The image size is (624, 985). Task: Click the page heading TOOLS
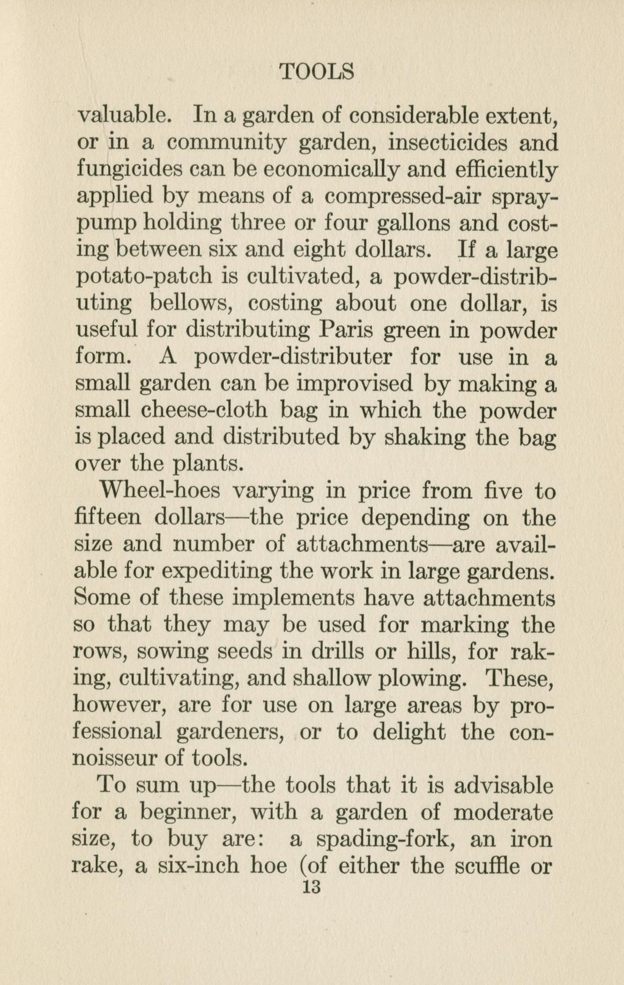point(317,71)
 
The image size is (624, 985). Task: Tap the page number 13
point(311,887)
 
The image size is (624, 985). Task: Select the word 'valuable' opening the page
point(124,115)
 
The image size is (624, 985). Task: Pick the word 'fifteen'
point(107,518)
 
